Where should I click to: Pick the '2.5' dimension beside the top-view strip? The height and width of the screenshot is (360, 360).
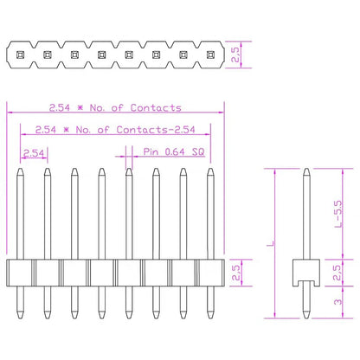tap(247, 55)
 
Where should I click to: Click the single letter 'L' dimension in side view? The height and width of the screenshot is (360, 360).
tap(269, 245)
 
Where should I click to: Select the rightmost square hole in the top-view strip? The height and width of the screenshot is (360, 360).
tap(209, 55)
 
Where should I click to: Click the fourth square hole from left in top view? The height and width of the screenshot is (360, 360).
tap(101, 55)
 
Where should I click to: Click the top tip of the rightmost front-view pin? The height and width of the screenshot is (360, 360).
tap(209, 170)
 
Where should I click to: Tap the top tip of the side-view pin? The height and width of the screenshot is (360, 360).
tap(305, 170)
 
